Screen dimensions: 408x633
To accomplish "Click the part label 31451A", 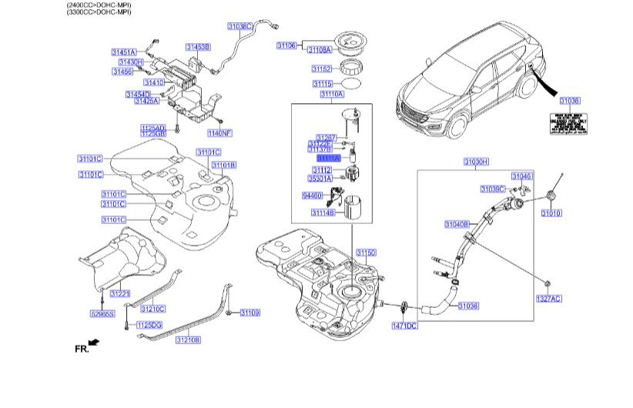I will [123, 52].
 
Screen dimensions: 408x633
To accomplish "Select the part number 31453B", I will [198, 47].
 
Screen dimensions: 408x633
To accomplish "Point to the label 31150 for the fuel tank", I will [366, 252].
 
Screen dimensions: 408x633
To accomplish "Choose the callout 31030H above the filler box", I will [476, 162].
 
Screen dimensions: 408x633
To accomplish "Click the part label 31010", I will [551, 212].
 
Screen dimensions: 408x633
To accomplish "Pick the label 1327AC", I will [549, 298].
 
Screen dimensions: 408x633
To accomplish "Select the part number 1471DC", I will [405, 326].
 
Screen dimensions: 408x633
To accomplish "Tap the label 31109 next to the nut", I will [250, 313].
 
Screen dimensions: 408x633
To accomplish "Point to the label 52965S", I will [102, 314].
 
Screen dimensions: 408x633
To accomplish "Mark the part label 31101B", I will [223, 165].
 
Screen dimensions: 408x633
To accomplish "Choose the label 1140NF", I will [219, 133].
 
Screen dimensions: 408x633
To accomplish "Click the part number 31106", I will [286, 46].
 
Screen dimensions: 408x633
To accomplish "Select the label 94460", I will [312, 196].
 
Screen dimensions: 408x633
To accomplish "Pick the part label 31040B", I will [457, 224].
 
